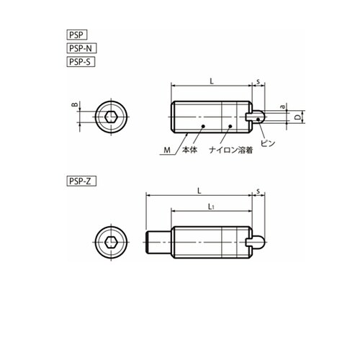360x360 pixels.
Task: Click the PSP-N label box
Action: [x=81, y=48]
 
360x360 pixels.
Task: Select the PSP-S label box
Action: [x=81, y=62]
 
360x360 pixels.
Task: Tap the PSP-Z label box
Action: [x=81, y=181]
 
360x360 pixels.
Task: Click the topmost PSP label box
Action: [x=76, y=35]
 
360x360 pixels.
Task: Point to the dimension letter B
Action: [x=75, y=104]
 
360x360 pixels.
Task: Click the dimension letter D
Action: [x=297, y=117]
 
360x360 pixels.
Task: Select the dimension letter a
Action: [x=283, y=107]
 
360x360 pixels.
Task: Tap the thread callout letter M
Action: [x=167, y=150]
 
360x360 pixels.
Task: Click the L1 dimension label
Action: [x=211, y=207]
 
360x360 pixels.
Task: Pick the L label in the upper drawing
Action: [x=212, y=81]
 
